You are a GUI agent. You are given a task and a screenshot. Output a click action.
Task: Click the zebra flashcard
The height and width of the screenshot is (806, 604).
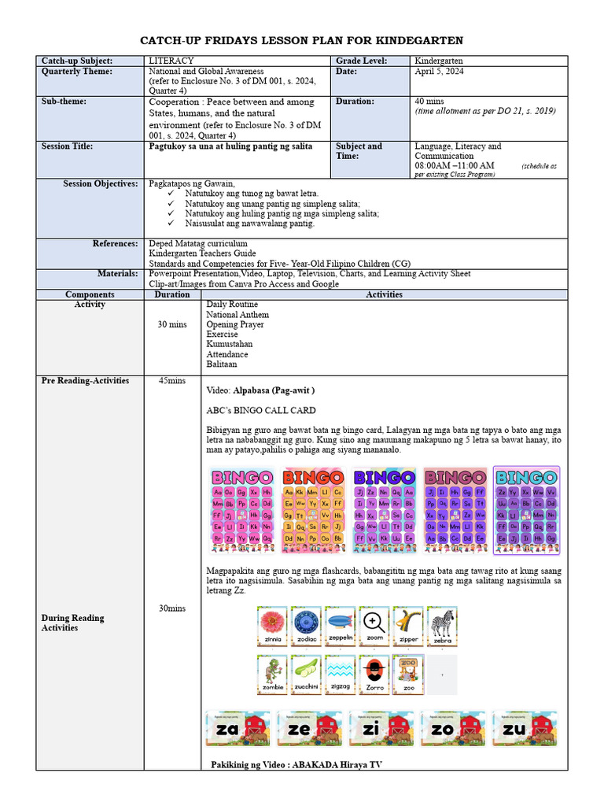[442, 627]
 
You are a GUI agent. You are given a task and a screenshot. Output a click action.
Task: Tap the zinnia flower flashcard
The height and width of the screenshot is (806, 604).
[272, 627]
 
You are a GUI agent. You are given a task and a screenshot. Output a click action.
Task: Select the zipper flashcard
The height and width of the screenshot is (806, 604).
[408, 627]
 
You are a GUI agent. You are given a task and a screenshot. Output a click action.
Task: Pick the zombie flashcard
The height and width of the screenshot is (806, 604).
[272, 675]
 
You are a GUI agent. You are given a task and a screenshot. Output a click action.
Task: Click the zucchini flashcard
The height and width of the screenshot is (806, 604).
[306, 675]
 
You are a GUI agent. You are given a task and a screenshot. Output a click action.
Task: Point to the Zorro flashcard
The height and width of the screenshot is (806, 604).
[374, 675]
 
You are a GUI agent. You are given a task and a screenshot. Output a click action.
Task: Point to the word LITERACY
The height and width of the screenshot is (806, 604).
[171, 61]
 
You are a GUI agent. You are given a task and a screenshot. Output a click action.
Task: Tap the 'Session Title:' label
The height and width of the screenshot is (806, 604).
[67, 146]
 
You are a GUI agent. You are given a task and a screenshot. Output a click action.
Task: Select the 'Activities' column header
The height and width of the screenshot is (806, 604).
[385, 294]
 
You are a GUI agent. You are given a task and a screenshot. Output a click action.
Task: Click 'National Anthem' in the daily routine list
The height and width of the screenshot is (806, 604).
[237, 315]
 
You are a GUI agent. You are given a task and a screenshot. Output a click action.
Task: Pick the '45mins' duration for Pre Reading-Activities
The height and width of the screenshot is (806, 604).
[172, 381]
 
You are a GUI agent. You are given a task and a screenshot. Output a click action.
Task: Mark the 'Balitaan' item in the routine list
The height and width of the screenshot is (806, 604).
[221, 364]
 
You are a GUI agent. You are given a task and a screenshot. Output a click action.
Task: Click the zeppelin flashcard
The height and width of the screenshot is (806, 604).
[340, 627]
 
